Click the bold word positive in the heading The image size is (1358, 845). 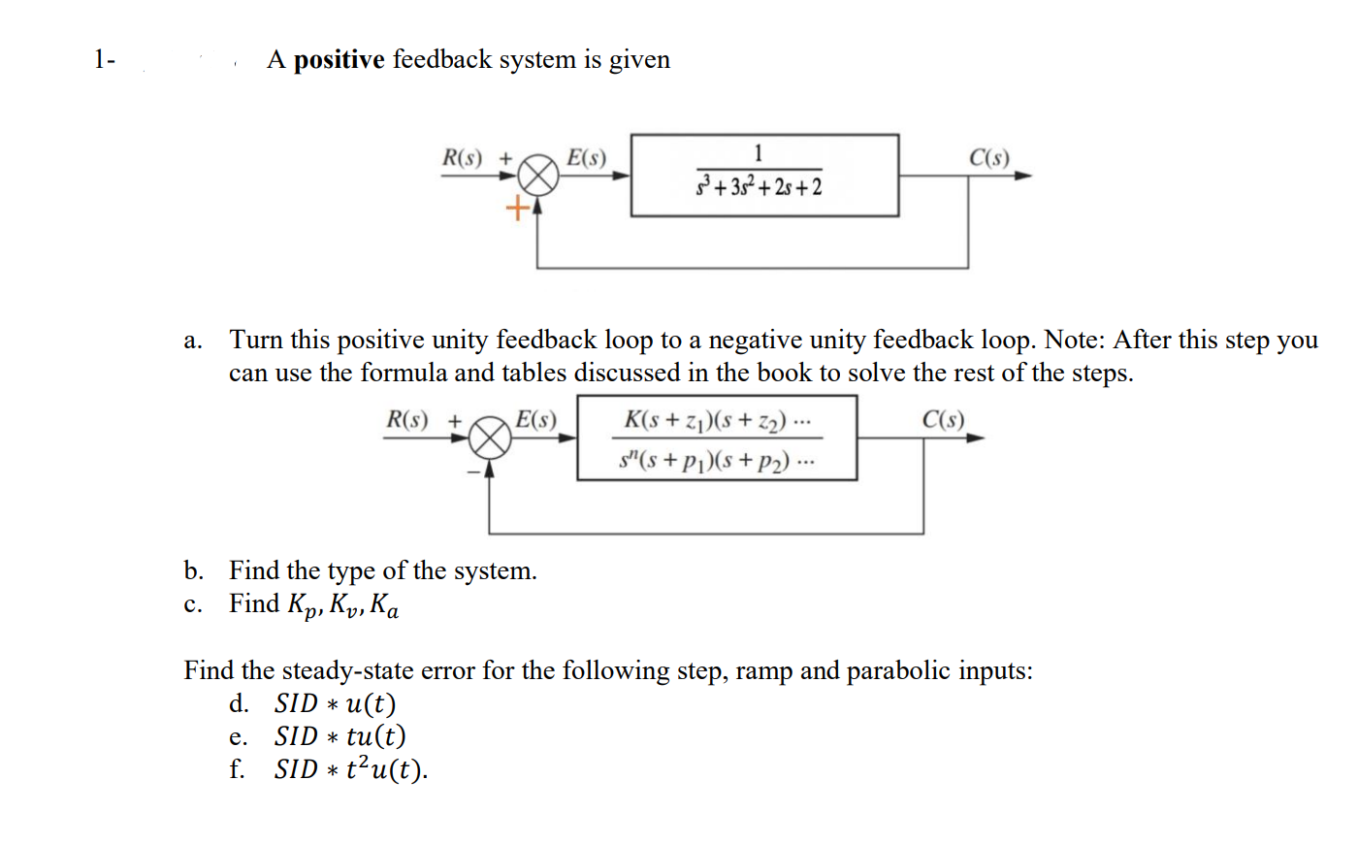339,60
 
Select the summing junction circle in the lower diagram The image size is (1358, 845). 490,439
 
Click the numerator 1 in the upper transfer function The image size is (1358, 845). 759,153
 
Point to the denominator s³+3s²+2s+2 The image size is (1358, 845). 759,186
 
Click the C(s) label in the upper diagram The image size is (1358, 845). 988,158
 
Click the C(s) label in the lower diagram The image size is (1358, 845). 943,420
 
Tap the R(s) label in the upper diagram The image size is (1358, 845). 462,158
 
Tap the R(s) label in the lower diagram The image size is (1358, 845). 406,420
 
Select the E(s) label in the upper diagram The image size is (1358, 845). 586,158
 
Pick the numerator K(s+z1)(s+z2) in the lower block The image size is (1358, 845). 718,420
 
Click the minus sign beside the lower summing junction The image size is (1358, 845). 474,471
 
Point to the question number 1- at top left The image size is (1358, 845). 104,60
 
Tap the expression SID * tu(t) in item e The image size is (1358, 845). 339,736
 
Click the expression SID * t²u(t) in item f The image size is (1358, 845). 349,769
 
